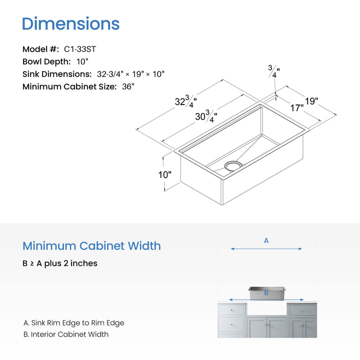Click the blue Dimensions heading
pos(70,23)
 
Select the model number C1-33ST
pos(80,49)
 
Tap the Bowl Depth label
pos(46,61)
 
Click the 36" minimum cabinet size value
pos(128,86)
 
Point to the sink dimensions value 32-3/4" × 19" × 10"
pos(130,74)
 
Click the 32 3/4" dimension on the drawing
pos(185,101)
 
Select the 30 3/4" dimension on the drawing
pos(206,116)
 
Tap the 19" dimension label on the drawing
pos(311,101)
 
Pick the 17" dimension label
pos(297,108)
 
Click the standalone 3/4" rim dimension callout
pos(274,71)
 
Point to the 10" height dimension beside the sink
pos(165,174)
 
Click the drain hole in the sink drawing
pos(233,165)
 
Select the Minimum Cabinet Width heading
pos(91,246)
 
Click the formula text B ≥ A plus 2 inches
pos(60,263)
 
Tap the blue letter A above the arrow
pos(266,240)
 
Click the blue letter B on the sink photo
pos(266,292)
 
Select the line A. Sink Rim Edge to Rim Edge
pos(73,323)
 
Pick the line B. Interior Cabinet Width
pos(66,334)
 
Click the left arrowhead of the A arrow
pos(232,248)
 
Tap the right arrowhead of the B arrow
pos(302,299)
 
